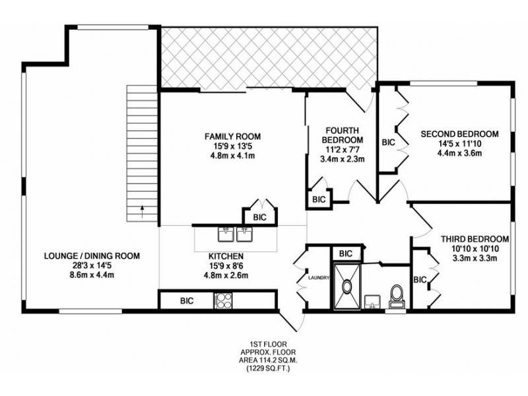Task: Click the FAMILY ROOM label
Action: [233, 137]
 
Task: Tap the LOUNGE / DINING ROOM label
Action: [92, 256]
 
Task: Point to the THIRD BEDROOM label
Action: [475, 239]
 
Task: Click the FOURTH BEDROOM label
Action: [343, 135]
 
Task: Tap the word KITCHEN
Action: [226, 256]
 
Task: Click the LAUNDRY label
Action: [319, 278]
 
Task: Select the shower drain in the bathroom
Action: [346, 286]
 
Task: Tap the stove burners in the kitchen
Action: [223, 300]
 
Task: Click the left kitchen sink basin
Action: [226, 234]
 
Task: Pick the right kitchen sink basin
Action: [244, 234]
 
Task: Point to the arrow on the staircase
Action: [142, 211]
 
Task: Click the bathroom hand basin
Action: [372, 302]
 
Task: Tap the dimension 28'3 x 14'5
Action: [92, 265]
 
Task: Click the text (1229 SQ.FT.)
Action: [268, 369]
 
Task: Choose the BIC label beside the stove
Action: [187, 300]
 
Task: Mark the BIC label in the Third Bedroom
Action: [420, 279]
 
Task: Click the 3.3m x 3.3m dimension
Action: [475, 259]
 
